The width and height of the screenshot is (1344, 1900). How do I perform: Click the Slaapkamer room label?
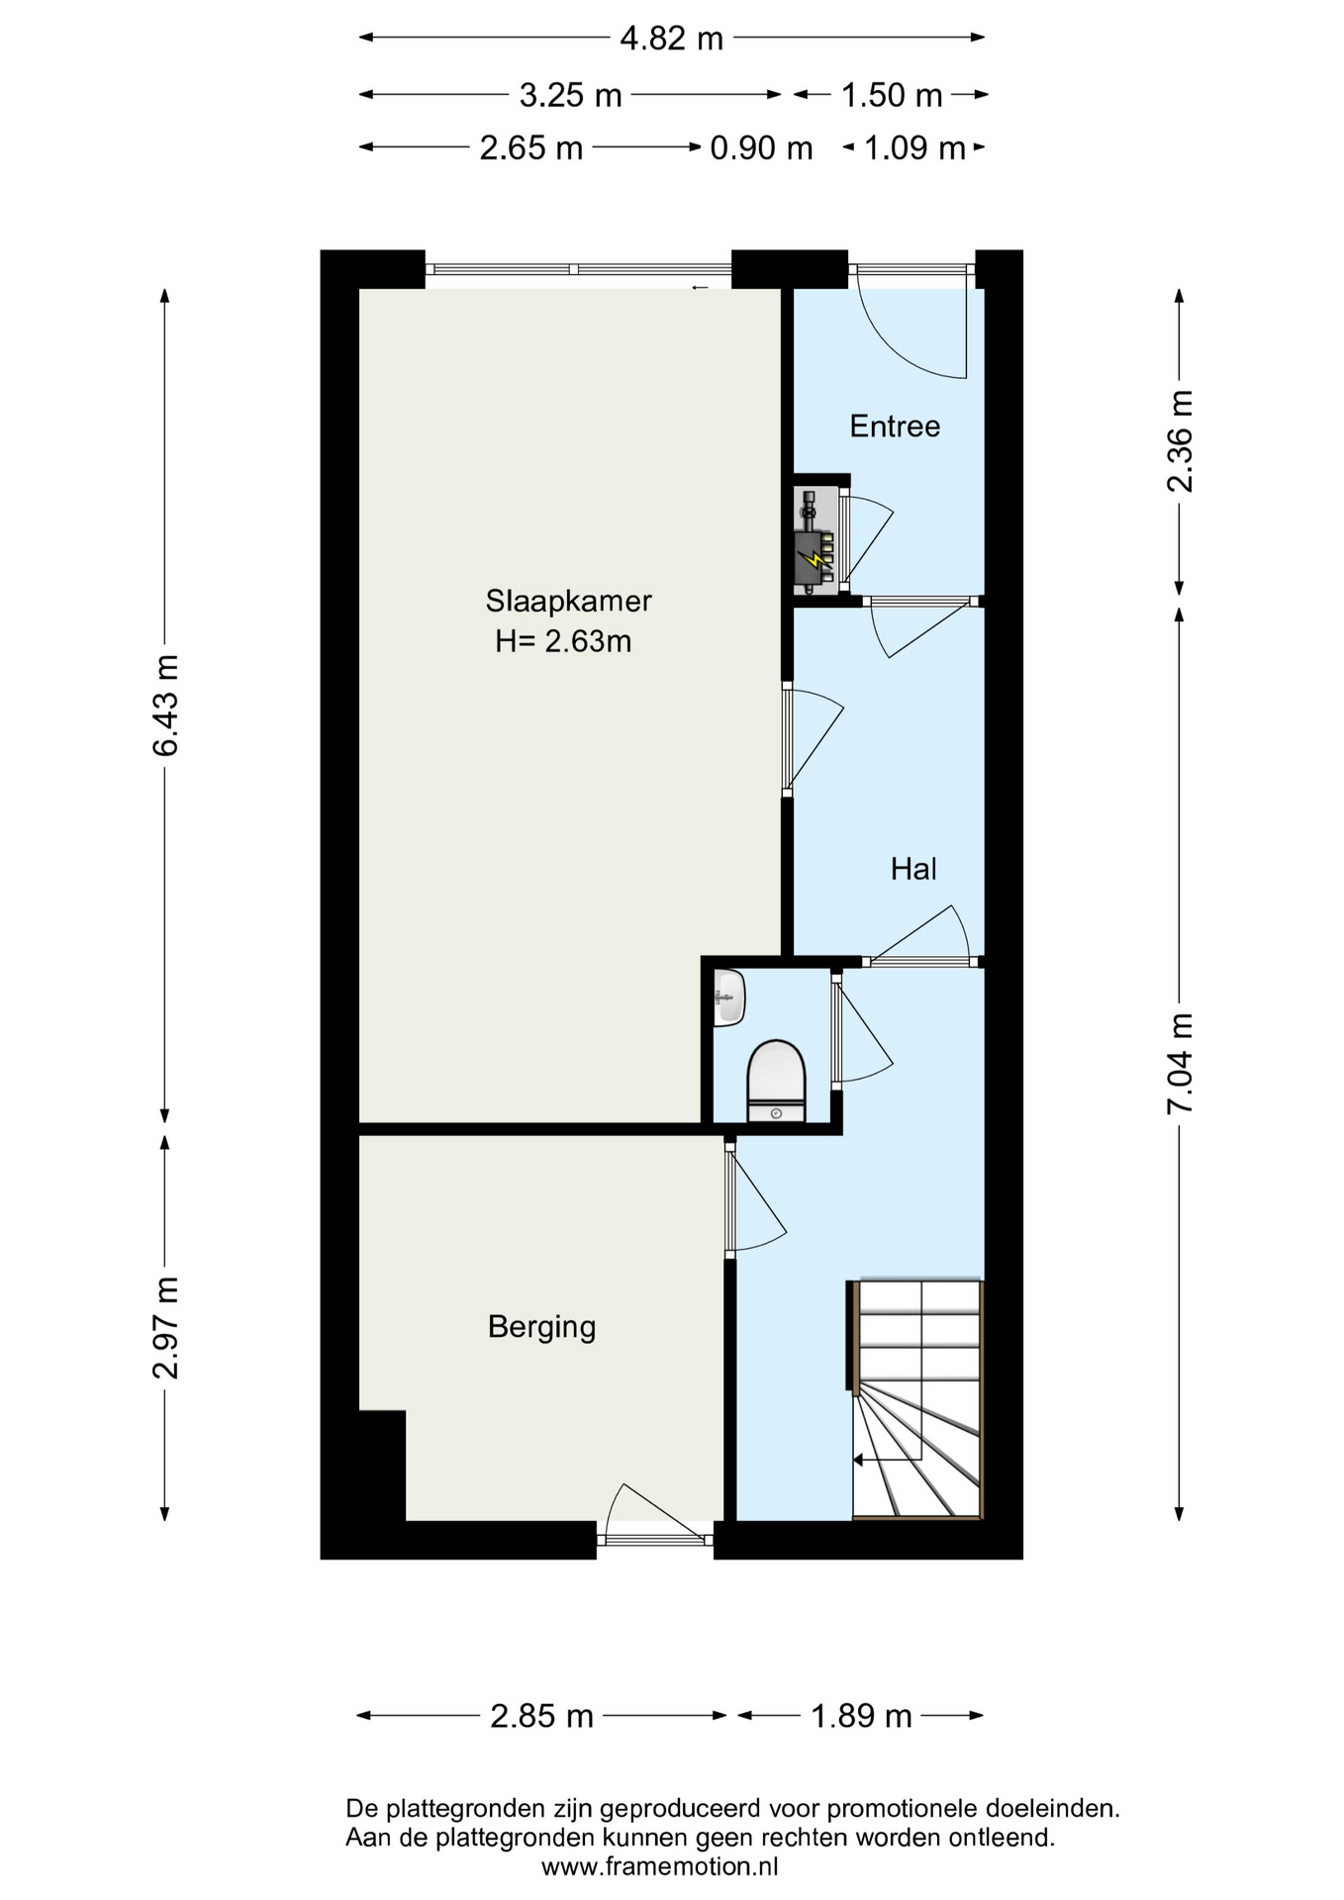(x=568, y=601)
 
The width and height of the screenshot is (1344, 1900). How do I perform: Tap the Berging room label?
(x=542, y=1327)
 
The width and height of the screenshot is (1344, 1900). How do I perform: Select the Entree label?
(x=895, y=427)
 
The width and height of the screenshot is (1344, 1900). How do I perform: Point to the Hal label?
(x=913, y=869)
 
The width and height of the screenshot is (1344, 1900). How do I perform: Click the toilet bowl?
(x=777, y=1081)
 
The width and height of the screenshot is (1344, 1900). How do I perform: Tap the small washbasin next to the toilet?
(x=729, y=997)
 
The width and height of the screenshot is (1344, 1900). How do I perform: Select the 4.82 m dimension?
(x=671, y=39)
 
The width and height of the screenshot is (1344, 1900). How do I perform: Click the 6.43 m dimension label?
(x=165, y=706)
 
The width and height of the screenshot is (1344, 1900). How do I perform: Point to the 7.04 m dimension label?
(x=1180, y=1064)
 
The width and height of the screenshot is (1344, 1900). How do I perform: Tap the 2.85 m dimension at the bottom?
(x=541, y=1715)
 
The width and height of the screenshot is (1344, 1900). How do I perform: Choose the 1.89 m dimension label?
(x=861, y=1715)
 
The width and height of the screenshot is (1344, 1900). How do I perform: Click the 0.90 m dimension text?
(x=761, y=148)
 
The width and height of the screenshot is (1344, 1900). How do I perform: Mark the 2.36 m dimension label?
(x=1180, y=441)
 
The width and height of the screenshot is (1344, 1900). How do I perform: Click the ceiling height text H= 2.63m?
(x=563, y=641)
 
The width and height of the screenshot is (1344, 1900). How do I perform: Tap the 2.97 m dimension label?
(x=165, y=1328)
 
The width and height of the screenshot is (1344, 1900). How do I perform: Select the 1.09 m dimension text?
(x=914, y=148)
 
